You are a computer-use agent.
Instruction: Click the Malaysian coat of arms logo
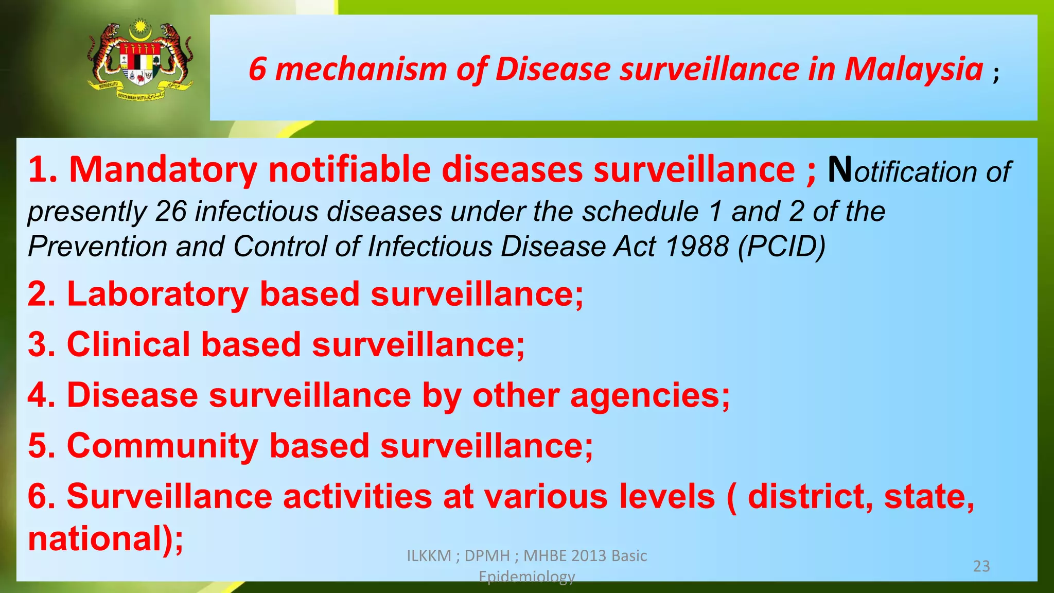tap(140, 61)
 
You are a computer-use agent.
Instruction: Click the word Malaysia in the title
tap(914, 69)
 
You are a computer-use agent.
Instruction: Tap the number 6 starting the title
tap(257, 69)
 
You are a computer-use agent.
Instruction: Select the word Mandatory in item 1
tap(163, 169)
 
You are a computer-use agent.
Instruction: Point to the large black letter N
tap(840, 169)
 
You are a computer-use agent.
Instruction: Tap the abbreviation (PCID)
tap(782, 247)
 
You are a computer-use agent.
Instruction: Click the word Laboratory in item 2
tap(158, 294)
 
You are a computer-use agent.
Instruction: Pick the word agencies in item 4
tap(649, 395)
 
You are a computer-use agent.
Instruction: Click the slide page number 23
tap(981, 566)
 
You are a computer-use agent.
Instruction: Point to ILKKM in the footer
tap(428, 556)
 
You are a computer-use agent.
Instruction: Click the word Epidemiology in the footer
tap(526, 577)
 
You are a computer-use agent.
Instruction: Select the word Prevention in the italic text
tap(98, 247)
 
